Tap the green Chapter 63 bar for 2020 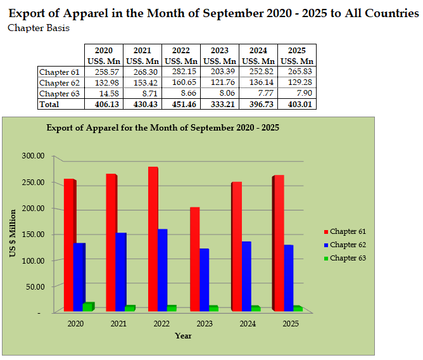88,307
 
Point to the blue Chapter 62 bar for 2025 288,278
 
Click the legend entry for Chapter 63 348,258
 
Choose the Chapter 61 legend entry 348,231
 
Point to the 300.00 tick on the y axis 32,156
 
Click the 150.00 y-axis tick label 32,235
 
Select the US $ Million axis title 12,233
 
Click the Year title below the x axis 183,335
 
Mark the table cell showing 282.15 181,72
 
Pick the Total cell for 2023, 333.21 220,104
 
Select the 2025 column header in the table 297,50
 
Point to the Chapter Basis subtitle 39,28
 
